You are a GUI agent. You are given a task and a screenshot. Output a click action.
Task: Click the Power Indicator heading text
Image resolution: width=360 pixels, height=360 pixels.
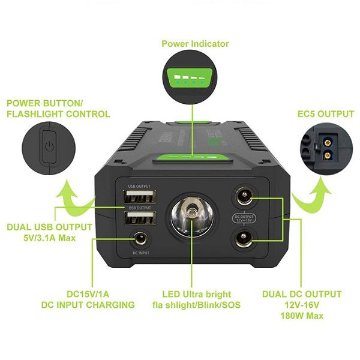pyautogui.click(x=195, y=44)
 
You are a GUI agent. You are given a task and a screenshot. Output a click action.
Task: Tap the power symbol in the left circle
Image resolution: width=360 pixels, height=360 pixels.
pyautogui.click(x=50, y=146)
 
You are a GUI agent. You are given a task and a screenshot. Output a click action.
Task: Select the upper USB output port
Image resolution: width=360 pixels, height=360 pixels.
pyautogui.click(x=140, y=197)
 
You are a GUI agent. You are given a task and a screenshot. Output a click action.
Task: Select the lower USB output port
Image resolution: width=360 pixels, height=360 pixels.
pyautogui.click(x=140, y=218)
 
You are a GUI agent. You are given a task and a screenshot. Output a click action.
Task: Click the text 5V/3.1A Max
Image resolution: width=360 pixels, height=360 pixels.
pyautogui.click(x=49, y=238)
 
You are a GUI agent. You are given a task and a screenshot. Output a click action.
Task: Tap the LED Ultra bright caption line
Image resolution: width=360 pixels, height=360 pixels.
pyautogui.click(x=196, y=294)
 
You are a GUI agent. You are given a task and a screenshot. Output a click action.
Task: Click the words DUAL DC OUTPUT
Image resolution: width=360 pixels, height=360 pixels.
pyautogui.click(x=301, y=294)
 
